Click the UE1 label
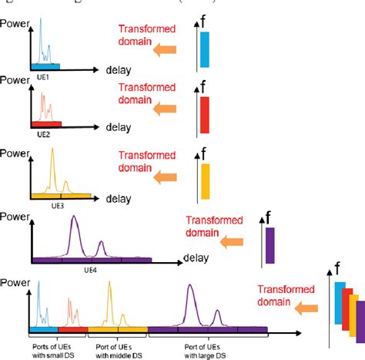pyautogui.click(x=45, y=77)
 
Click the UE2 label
pyautogui.click(x=45, y=133)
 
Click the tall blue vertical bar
pyautogui.click(x=205, y=49)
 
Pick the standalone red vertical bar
pyautogui.click(x=205, y=115)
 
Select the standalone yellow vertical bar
pyautogui.click(x=205, y=182)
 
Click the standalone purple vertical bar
pyautogui.click(x=270, y=246)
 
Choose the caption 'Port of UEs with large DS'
pyautogui.click(x=206, y=350)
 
